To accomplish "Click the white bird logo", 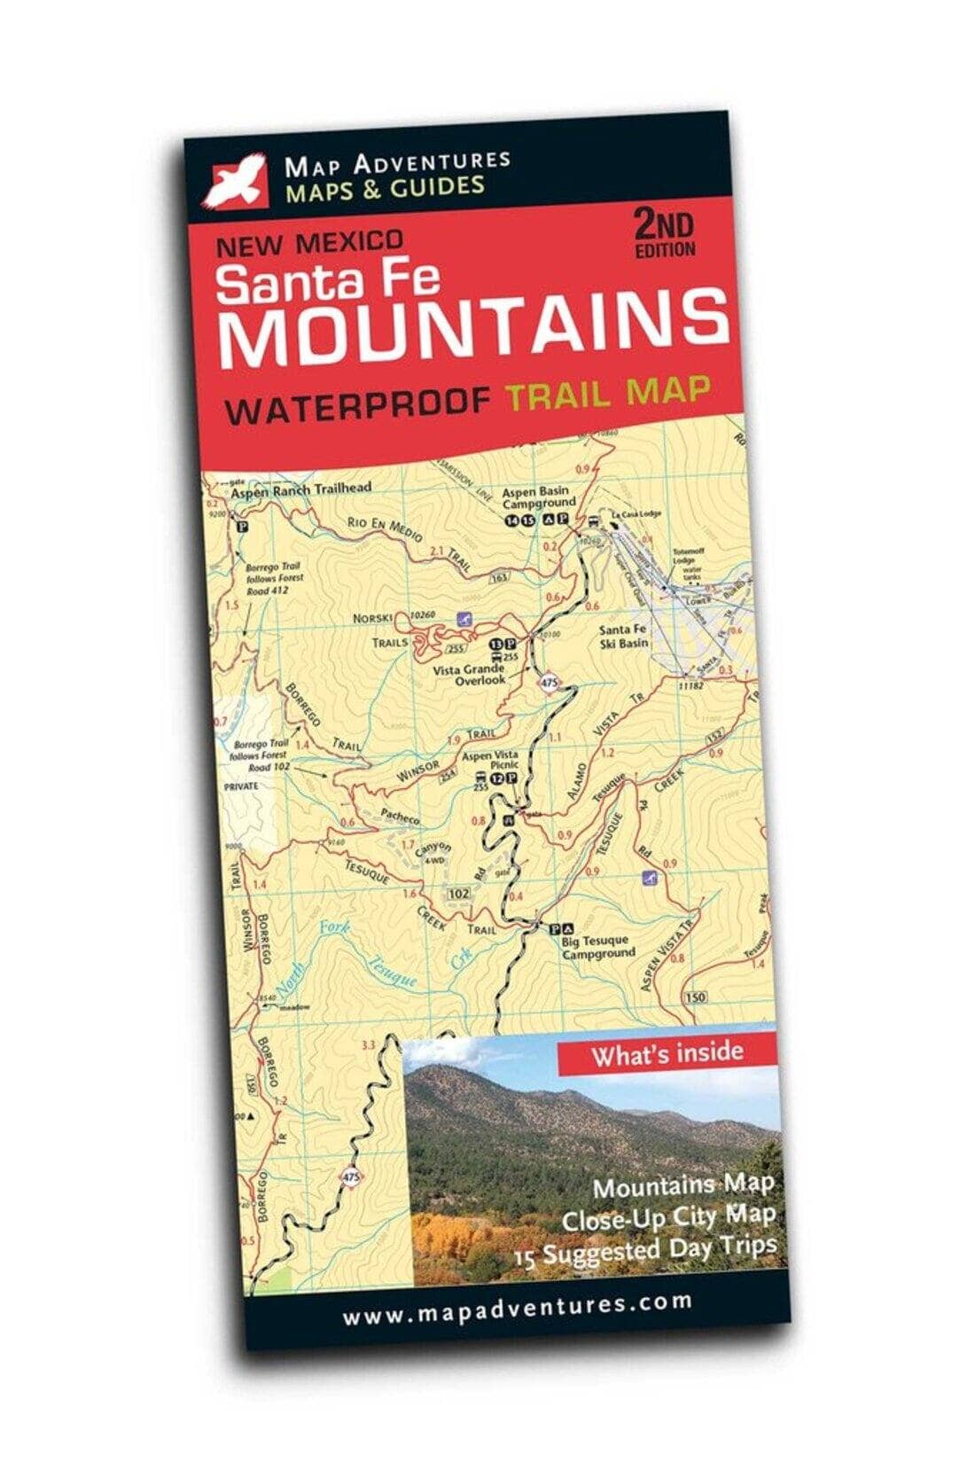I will [x=236, y=179].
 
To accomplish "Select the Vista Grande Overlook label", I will [x=470, y=674].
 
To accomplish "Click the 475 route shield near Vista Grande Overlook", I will [x=550, y=682].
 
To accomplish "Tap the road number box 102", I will [x=458, y=893].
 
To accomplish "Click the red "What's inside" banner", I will [x=667, y=1053].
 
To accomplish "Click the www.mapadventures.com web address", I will [x=517, y=1307].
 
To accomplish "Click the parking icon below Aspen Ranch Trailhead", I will [x=239, y=525].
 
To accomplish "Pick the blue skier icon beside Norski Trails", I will [x=461, y=618].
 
